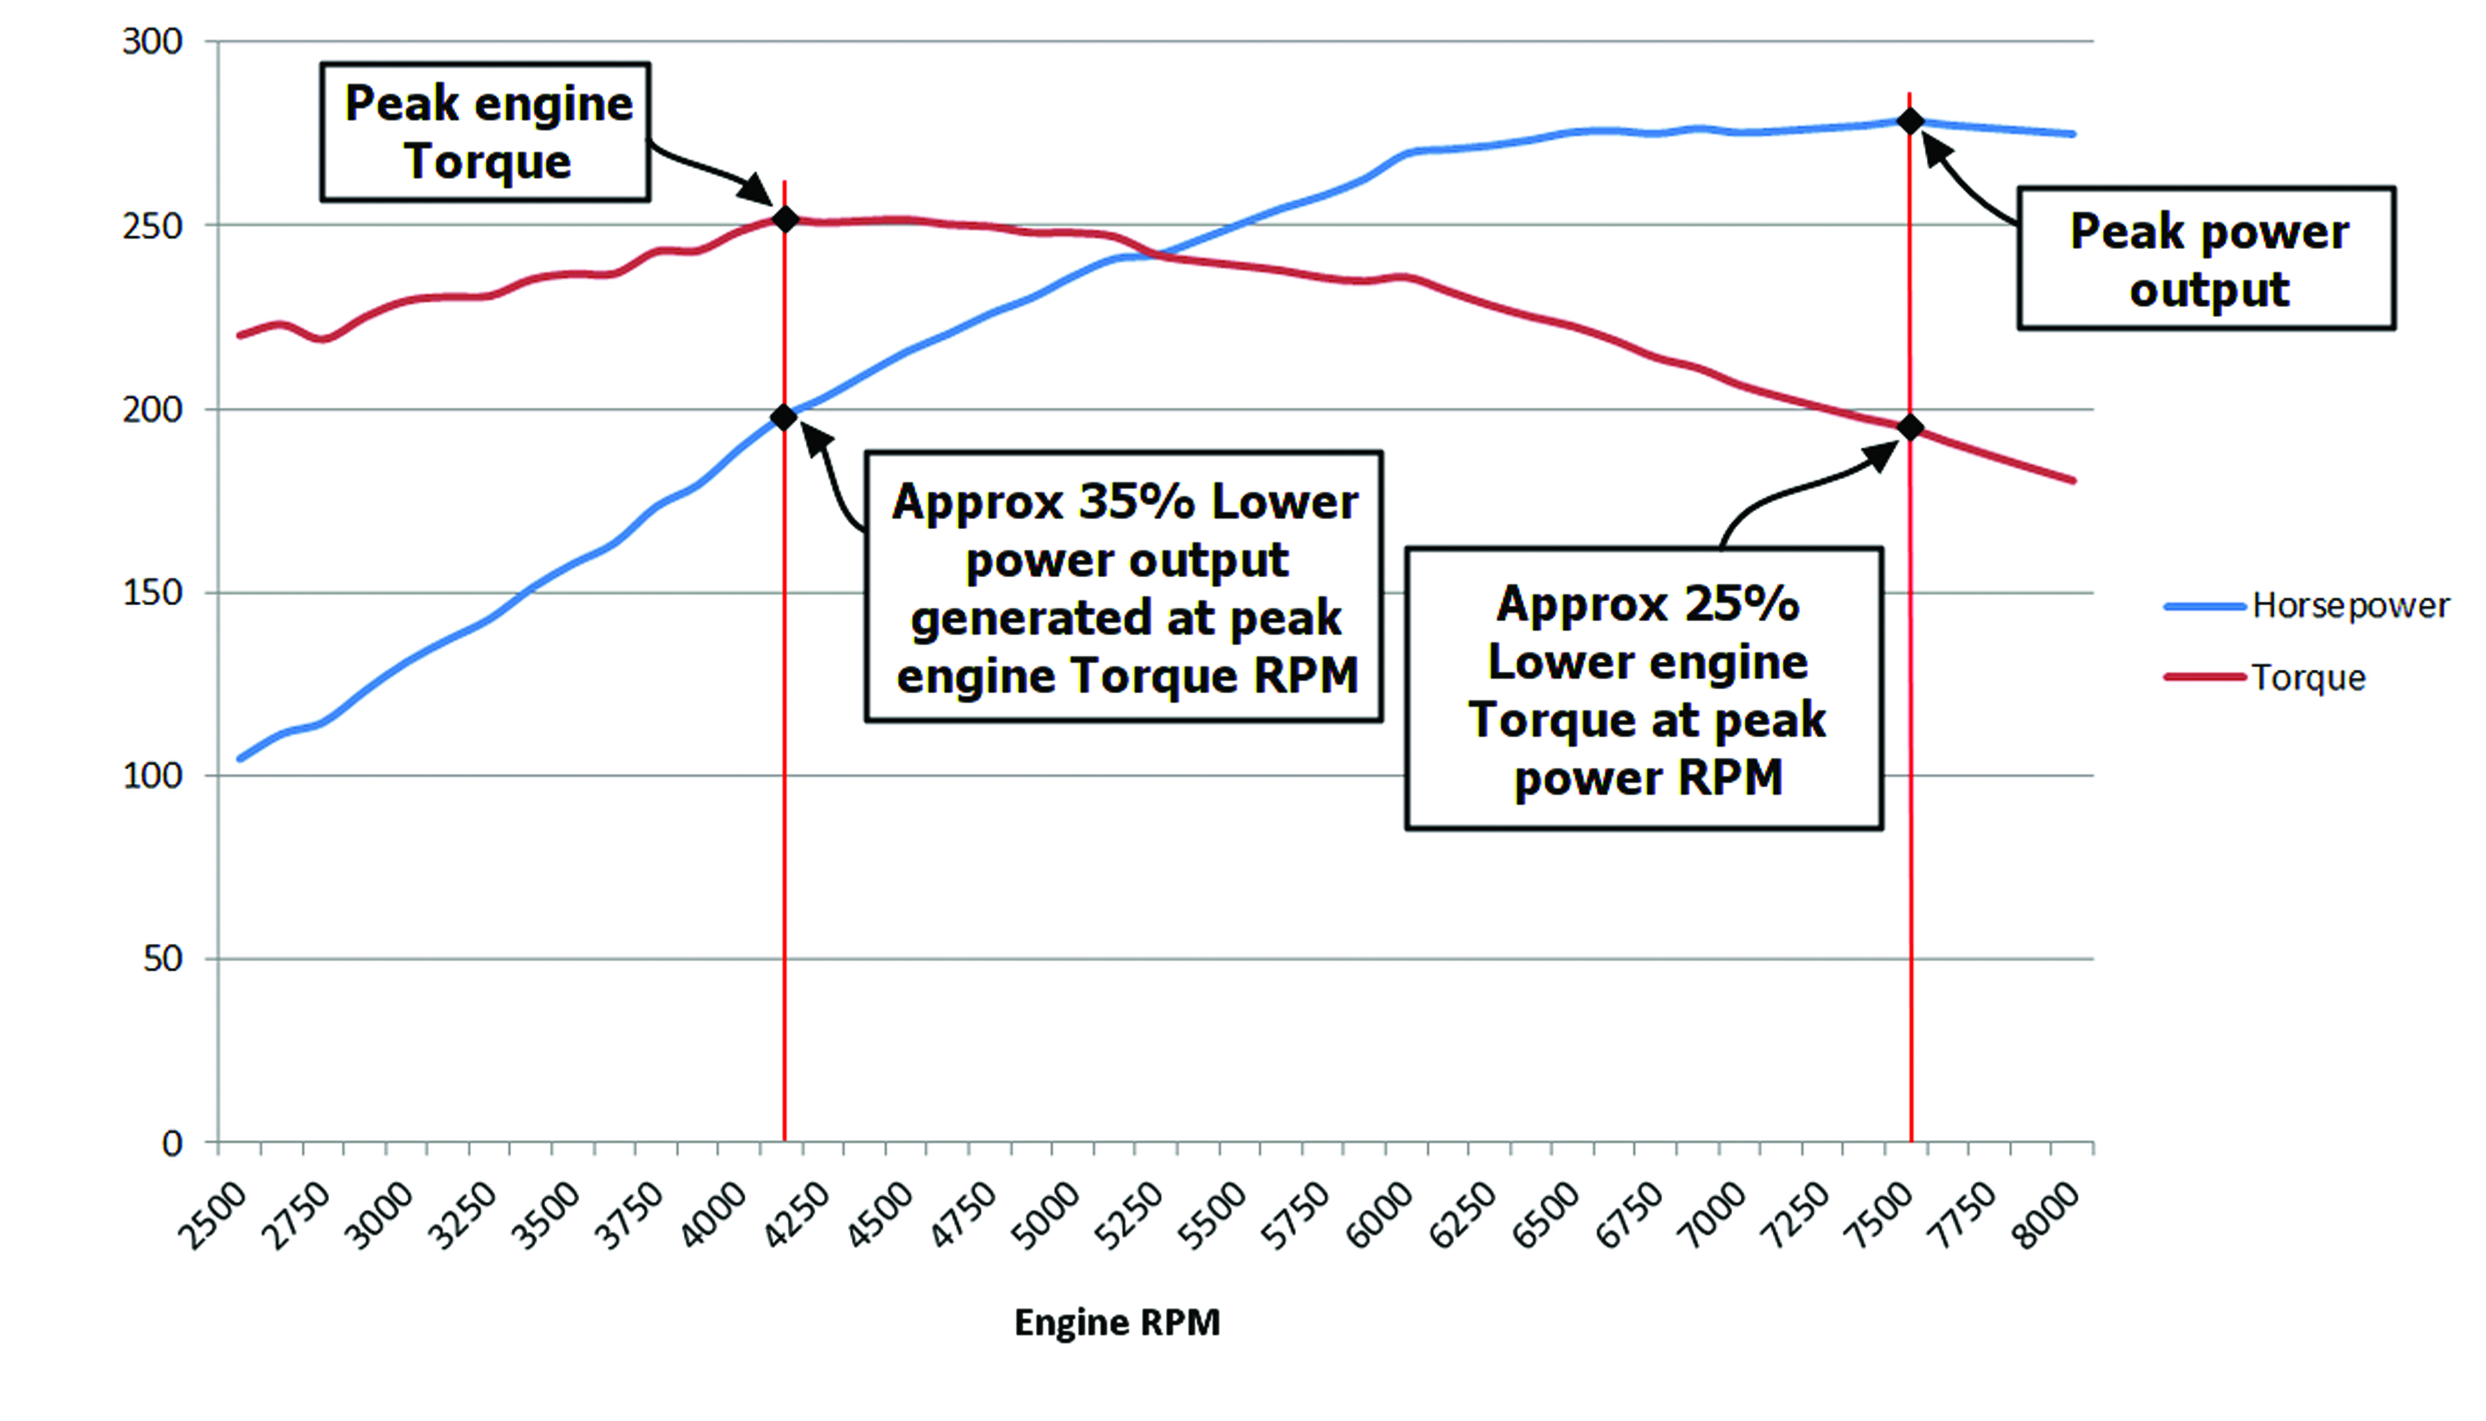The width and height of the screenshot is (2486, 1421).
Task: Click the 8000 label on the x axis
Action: pos(2048,1216)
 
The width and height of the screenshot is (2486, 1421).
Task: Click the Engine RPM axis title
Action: pos(1117,1322)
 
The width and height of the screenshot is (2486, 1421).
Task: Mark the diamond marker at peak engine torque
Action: pos(785,220)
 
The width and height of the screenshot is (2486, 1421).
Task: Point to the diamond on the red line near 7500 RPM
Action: pos(1910,427)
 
